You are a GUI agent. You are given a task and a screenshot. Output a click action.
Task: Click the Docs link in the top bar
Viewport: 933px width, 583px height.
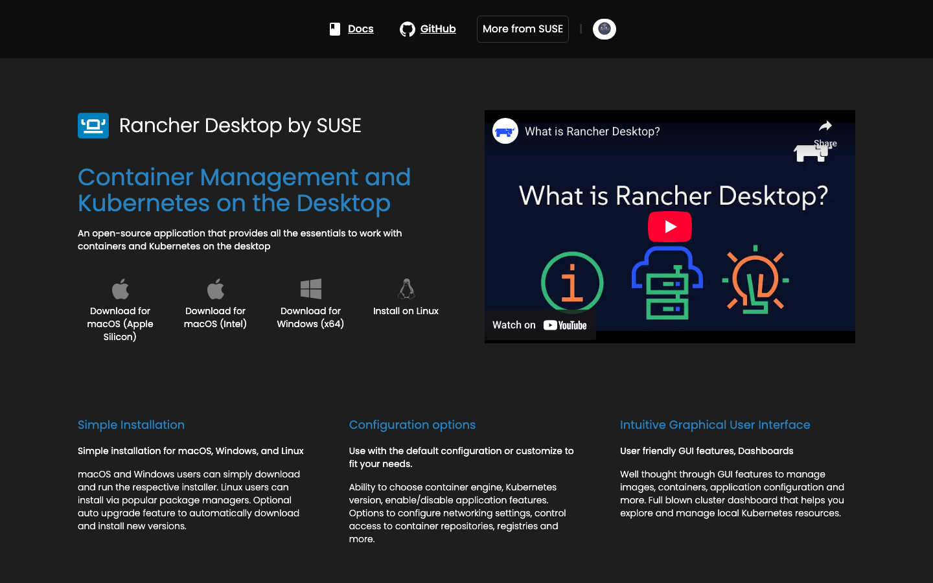[360, 29]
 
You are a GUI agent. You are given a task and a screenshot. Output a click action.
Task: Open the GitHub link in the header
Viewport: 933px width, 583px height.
[437, 29]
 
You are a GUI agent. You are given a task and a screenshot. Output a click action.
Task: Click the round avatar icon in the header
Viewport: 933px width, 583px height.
[604, 29]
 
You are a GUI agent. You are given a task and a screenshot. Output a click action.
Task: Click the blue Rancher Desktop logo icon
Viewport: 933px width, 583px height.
[93, 126]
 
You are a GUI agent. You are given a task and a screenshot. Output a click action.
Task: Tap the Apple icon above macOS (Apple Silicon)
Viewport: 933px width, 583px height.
[121, 288]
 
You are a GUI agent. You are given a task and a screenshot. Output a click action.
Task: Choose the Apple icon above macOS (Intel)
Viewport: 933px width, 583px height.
[216, 288]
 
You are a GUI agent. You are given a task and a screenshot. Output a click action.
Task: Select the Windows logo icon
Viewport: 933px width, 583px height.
[311, 288]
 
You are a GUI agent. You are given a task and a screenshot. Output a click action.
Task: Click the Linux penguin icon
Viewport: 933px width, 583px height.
[406, 288]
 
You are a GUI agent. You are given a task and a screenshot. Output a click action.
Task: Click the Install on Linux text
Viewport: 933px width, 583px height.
[406, 311]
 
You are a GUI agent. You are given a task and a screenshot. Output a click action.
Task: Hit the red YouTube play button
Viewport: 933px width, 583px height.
[670, 227]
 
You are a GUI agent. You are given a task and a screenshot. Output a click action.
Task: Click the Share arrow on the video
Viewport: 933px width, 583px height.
[825, 126]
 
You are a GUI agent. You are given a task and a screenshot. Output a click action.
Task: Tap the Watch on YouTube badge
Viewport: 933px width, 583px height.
[540, 325]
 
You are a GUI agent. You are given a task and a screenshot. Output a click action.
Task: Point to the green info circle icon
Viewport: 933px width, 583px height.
[572, 282]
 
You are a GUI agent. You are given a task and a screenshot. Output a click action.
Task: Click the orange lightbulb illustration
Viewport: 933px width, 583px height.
[755, 280]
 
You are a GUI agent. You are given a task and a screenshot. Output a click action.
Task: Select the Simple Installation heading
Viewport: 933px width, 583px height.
[131, 425]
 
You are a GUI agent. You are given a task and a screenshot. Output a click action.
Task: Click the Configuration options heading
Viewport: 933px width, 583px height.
[412, 425]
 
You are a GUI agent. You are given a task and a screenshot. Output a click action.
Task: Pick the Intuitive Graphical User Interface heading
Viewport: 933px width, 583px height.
[715, 425]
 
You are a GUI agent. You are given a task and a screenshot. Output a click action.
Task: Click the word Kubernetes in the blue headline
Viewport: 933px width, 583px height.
[143, 203]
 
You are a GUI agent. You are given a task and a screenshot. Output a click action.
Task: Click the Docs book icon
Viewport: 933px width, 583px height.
[335, 29]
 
